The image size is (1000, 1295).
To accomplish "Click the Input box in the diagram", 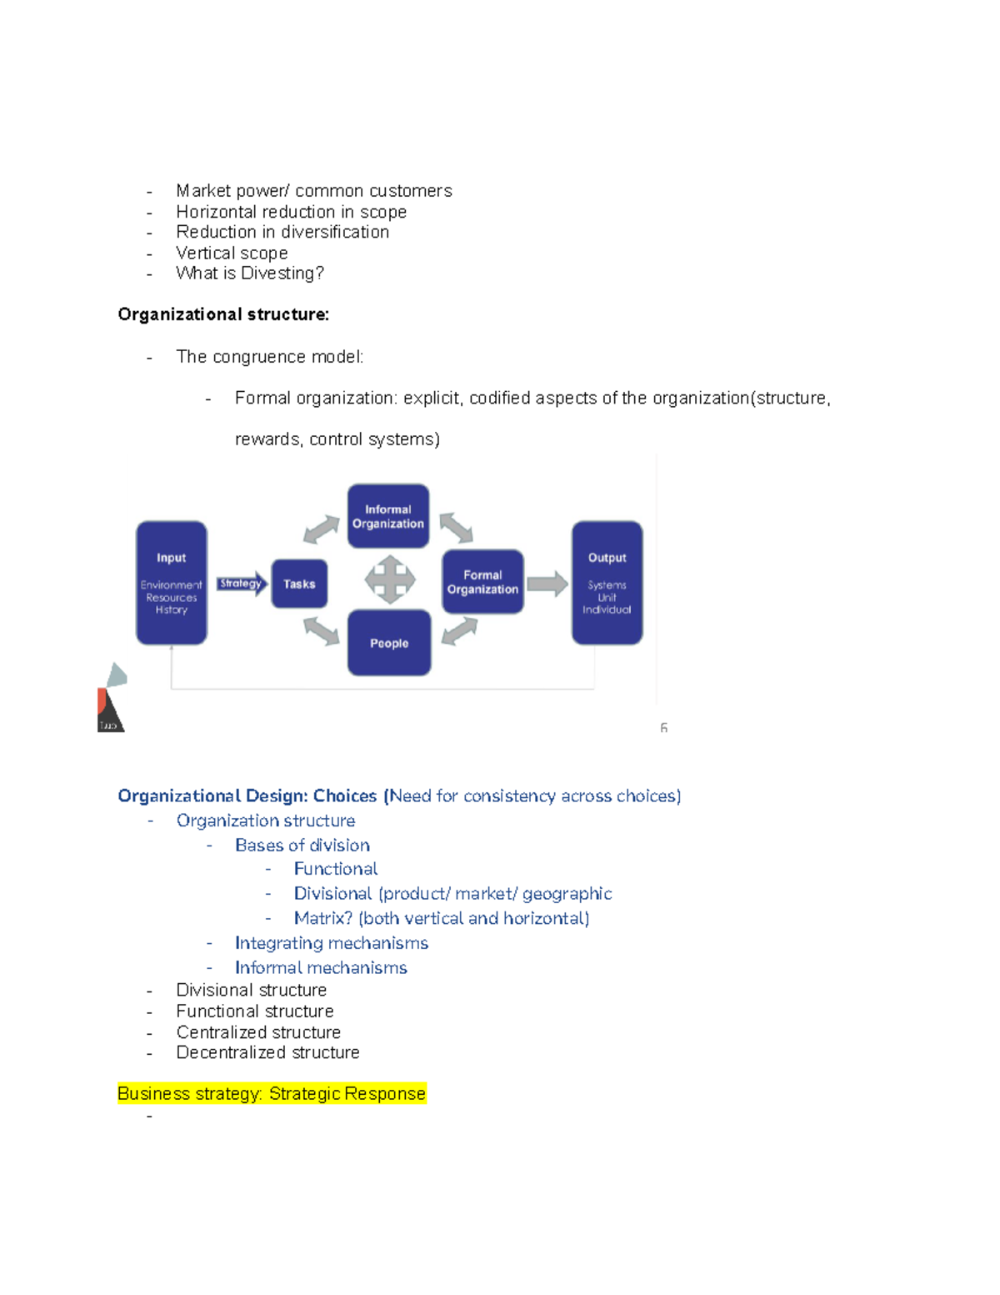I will point(172,582).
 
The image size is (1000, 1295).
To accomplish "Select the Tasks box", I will point(299,584).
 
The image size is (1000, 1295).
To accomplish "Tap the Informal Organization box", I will point(388,516).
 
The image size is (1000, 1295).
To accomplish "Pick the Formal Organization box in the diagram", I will point(482,582).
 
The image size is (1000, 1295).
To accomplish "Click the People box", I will point(389,643).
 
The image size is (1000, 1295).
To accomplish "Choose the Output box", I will point(607,582).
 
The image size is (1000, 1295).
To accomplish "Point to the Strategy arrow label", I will point(241,584).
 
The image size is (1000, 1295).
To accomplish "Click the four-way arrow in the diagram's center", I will point(390,580).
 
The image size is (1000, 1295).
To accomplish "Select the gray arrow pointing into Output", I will point(547,584).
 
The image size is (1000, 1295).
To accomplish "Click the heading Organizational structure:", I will point(223,314).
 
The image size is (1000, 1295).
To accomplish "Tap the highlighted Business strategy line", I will point(272,1093).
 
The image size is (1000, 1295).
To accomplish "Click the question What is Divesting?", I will point(250,274).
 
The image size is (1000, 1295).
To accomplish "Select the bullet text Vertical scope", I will point(232,253).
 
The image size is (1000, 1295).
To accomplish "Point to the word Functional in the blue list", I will point(336,869).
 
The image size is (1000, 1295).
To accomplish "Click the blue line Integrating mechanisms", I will point(332,943).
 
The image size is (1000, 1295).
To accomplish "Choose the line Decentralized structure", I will point(267,1052).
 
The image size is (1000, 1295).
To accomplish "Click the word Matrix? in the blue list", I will point(323,918).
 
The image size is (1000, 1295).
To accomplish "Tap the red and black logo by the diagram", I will point(110,709).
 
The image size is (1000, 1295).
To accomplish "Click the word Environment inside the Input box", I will point(171,585).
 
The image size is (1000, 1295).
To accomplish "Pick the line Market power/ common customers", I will point(314,191).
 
